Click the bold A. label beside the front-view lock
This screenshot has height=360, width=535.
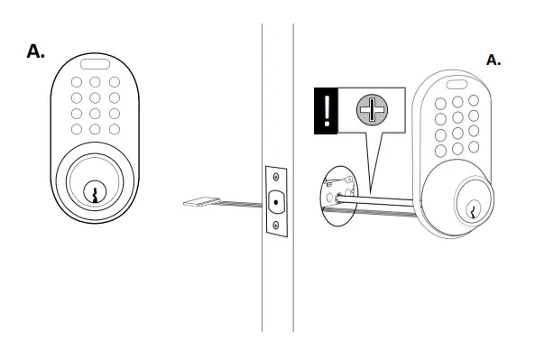[36, 51]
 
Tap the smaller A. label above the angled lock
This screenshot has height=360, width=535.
[493, 60]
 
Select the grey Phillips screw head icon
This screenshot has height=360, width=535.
[372, 112]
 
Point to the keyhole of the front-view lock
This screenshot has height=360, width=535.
[94, 191]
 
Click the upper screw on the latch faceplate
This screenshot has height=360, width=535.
[275, 178]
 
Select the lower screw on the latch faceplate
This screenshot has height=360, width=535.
[275, 226]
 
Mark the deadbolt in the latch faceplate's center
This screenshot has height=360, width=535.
[275, 202]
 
